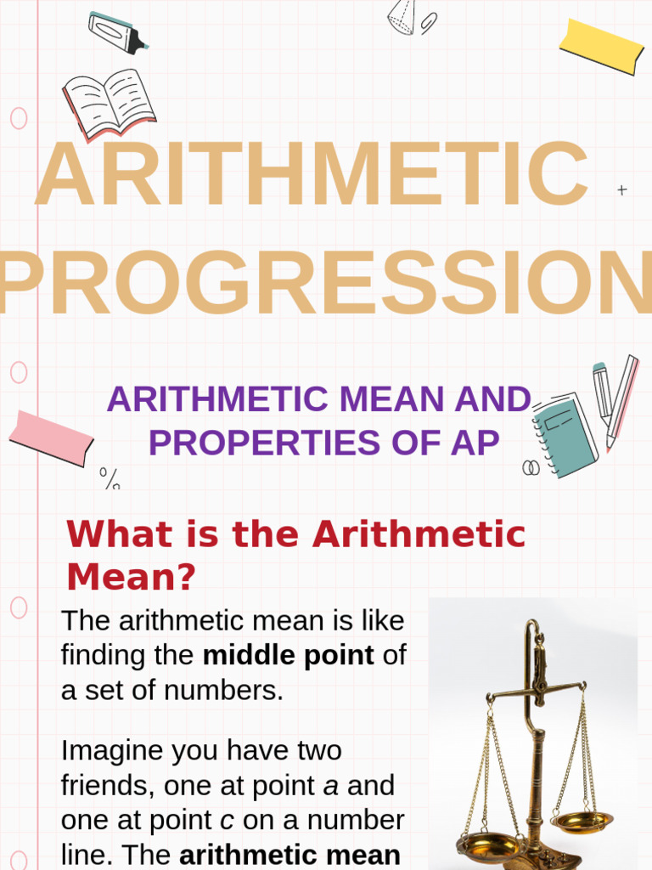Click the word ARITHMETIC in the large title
pyautogui.click(x=312, y=176)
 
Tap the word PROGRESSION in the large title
pyautogui.click(x=326, y=280)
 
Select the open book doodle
pyautogui.click(x=109, y=104)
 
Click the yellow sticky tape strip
pyautogui.click(x=601, y=45)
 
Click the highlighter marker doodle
pyautogui.click(x=117, y=32)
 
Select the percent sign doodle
pyautogui.click(x=110, y=479)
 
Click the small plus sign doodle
pyautogui.click(x=622, y=190)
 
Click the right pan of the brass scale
pyautogui.click(x=581, y=820)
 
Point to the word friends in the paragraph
pyautogui.click(x=103, y=786)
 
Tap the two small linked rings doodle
pyautogui.click(x=531, y=467)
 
